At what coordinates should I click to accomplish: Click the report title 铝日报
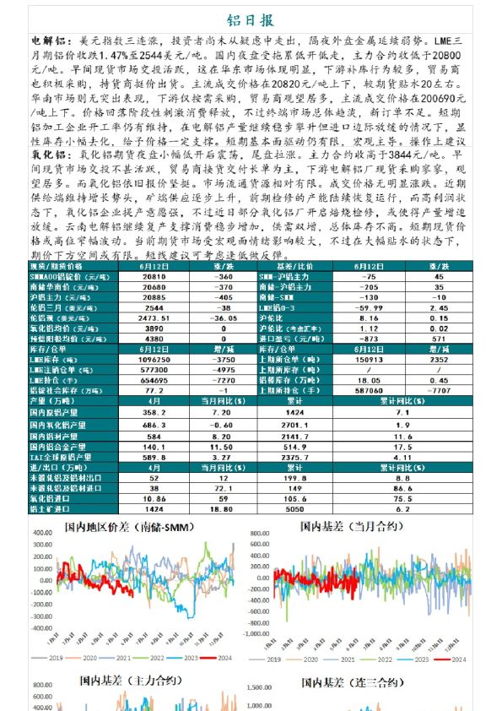tap(251, 20)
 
